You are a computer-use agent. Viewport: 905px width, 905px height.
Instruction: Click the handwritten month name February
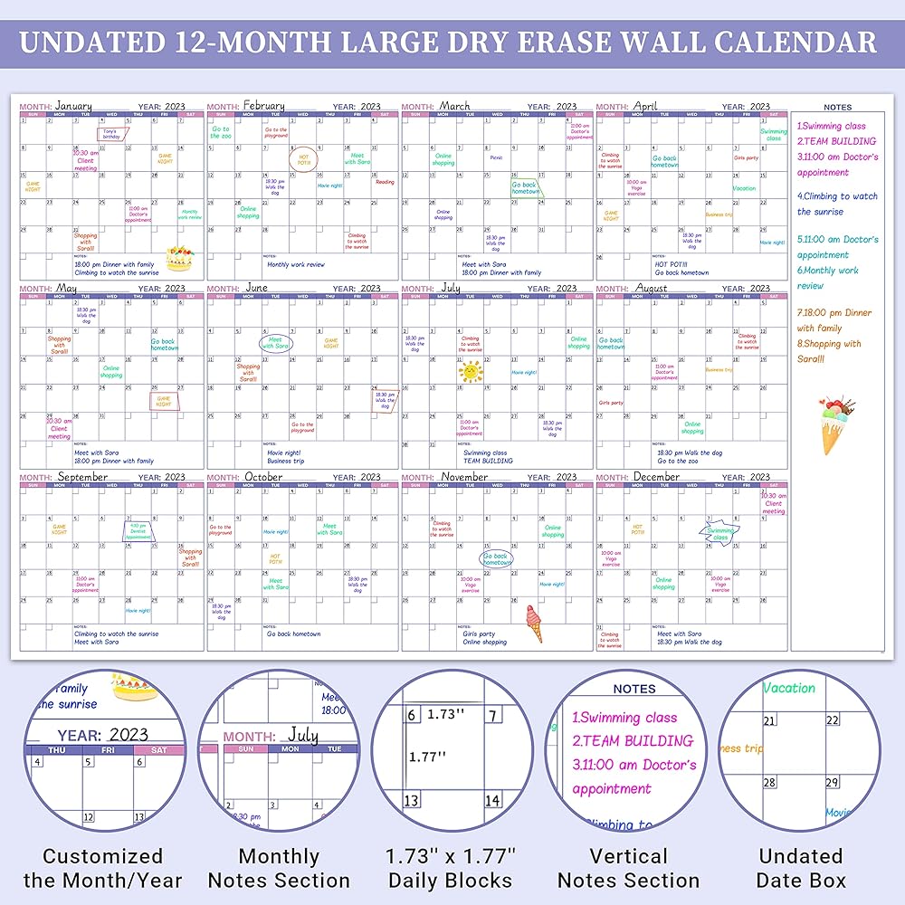[263, 106]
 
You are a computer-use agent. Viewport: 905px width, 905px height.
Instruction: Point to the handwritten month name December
[657, 476]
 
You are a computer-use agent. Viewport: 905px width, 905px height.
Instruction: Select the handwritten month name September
[82, 476]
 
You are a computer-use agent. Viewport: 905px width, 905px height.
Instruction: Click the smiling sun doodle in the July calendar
[471, 370]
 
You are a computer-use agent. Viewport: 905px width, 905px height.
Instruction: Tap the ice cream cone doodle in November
[534, 622]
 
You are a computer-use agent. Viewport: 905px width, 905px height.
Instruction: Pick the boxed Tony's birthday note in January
[111, 133]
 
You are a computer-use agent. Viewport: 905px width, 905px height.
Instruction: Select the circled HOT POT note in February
[304, 159]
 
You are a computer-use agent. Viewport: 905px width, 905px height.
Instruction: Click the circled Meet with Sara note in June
[276, 343]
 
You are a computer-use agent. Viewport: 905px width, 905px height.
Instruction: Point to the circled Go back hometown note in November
[496, 558]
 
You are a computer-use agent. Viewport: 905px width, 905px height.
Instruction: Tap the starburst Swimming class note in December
[720, 533]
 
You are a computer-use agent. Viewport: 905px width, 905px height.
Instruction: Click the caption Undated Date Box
[801, 868]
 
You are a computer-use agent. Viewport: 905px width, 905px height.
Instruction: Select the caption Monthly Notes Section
[279, 868]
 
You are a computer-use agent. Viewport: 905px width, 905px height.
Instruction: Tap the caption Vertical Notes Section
[628, 868]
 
